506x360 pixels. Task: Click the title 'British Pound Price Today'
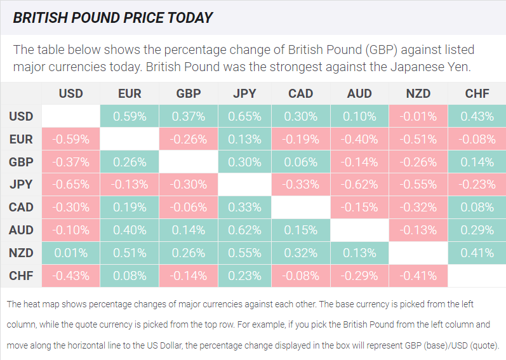click(113, 17)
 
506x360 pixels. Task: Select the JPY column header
click(244, 93)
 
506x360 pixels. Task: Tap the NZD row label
click(21, 253)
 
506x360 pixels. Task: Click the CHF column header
click(477, 93)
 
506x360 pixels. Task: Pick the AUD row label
click(21, 230)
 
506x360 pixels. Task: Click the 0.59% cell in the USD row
click(130, 116)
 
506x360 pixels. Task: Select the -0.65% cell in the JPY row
click(70, 185)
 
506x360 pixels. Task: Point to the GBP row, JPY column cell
click(244, 162)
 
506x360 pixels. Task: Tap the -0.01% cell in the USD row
click(418, 116)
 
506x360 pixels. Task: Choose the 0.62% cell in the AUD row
click(244, 230)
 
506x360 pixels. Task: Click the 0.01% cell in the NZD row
click(70, 253)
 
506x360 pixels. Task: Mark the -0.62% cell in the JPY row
click(359, 185)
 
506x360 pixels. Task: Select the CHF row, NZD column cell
click(418, 276)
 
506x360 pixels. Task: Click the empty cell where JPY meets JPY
click(244, 185)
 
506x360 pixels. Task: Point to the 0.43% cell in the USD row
click(477, 116)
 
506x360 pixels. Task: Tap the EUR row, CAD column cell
click(301, 139)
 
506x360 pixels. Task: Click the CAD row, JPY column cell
click(244, 208)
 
